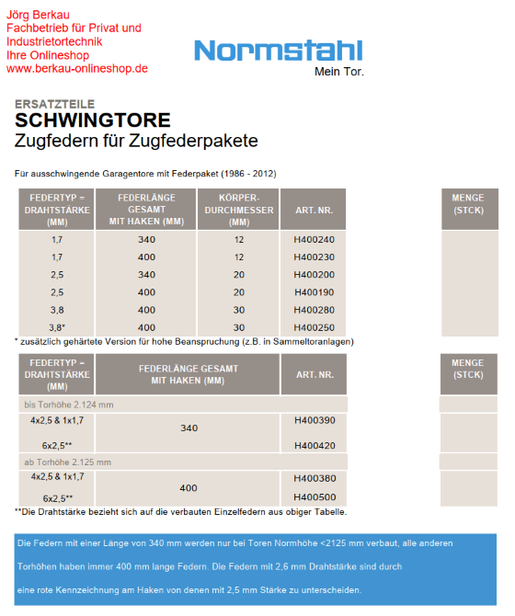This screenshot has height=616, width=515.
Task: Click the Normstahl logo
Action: click(279, 51)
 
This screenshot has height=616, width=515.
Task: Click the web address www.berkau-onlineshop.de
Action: click(77, 68)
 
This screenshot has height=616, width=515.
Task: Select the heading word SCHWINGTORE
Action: click(92, 120)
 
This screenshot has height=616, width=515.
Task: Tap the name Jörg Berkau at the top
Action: click(45, 14)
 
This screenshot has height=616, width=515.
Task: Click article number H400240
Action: click(314, 240)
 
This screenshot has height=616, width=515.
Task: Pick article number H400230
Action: click(314, 257)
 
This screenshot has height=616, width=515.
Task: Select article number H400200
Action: click(314, 275)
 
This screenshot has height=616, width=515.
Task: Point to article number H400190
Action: click(314, 292)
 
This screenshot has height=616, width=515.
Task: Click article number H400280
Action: click(314, 310)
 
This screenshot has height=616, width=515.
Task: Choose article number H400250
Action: click(314, 327)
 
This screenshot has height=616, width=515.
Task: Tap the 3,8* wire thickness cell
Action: click(57, 327)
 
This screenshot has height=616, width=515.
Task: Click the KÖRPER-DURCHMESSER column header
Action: click(238, 210)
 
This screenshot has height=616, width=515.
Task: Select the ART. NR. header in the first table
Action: click(313, 210)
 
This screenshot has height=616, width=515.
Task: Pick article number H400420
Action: click(314, 445)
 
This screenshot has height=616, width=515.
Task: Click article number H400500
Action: click(314, 496)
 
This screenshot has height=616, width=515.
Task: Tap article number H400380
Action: click(314, 478)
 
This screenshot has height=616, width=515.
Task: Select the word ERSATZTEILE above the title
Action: click(54, 104)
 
